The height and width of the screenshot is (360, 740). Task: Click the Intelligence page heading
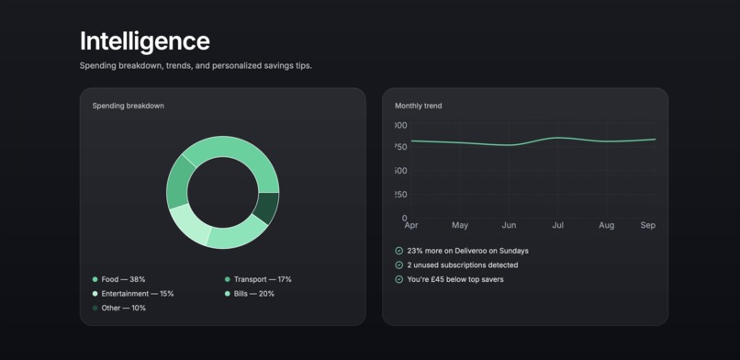click(144, 41)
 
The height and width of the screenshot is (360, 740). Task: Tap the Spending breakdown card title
click(128, 106)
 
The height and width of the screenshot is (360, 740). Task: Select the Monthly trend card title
click(418, 106)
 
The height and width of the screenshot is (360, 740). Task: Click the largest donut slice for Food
click(234, 151)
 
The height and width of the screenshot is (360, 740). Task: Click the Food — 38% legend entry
click(119, 279)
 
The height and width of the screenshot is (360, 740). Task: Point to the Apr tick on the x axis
click(410, 225)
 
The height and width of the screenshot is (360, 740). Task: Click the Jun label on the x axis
click(509, 225)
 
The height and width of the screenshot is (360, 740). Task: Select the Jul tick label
click(557, 225)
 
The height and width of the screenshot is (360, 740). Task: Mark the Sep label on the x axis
click(648, 225)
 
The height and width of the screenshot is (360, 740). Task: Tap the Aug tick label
click(606, 225)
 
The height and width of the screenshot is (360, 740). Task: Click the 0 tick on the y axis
click(404, 219)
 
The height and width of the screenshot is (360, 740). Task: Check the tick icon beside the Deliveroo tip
click(398, 251)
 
